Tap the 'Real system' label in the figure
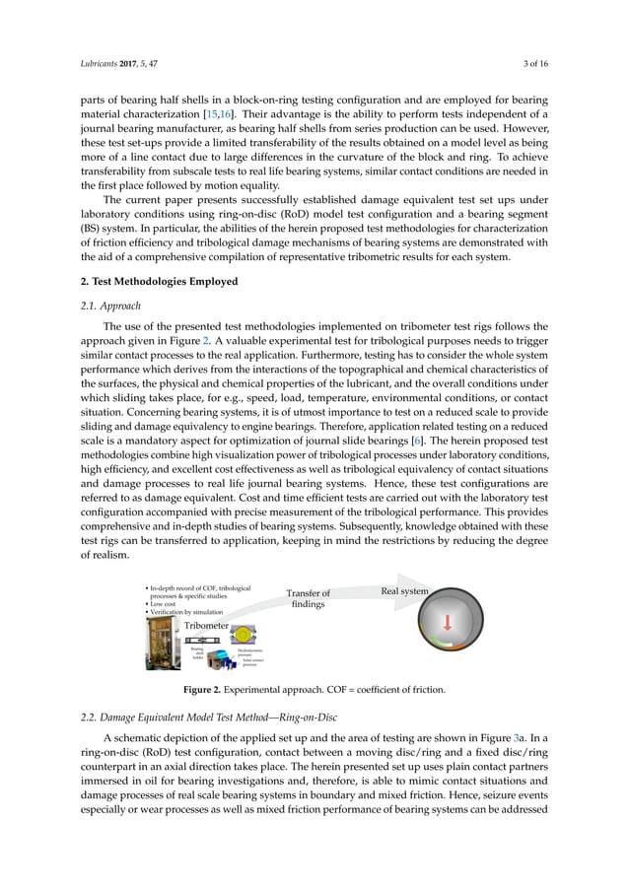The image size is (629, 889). [404, 591]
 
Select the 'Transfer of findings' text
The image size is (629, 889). [308, 599]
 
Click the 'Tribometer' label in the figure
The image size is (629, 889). [206, 626]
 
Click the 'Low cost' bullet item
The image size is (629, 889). [167, 604]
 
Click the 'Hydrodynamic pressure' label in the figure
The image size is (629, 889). [249, 655]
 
